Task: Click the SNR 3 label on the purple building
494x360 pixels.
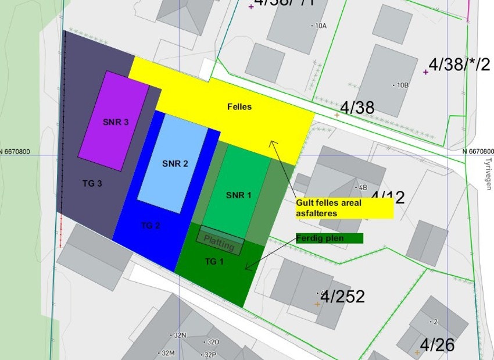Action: point(116,122)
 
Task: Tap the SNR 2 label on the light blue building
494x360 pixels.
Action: point(175,163)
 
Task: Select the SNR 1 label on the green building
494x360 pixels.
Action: point(238,195)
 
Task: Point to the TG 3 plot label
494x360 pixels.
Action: point(92,183)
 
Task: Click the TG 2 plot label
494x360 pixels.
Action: point(151,226)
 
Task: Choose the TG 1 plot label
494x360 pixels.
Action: point(214,262)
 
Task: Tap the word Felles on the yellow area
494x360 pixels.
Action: point(239,107)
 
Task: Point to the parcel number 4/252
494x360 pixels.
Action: point(342,297)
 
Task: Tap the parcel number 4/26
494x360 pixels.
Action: point(437,345)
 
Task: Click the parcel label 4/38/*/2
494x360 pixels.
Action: point(459,65)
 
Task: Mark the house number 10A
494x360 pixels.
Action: point(320,26)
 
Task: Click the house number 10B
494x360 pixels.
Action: point(402,85)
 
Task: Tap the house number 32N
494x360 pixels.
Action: point(180,336)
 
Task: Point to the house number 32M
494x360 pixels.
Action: point(168,353)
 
